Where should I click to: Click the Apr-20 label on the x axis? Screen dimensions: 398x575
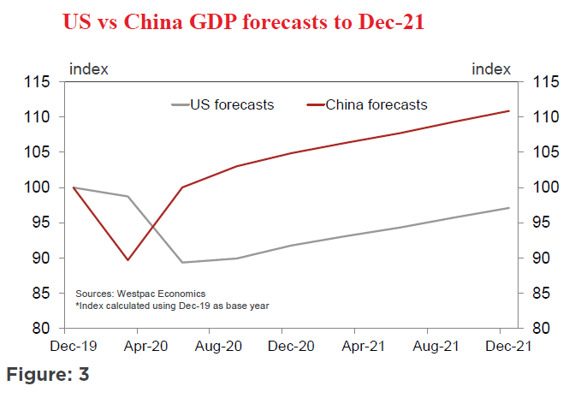point(145,348)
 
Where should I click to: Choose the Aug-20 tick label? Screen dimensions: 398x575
point(218,348)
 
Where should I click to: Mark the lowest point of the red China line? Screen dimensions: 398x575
point(128,259)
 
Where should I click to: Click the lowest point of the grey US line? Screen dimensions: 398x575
point(182,263)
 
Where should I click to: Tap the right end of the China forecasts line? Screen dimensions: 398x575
point(509,111)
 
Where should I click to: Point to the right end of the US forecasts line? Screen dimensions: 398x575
point(509,208)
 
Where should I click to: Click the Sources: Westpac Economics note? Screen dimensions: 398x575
point(140,294)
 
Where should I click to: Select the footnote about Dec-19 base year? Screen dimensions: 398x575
point(172,306)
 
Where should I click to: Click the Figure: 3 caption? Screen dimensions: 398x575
point(48,375)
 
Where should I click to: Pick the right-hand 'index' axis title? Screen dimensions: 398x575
point(491,68)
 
